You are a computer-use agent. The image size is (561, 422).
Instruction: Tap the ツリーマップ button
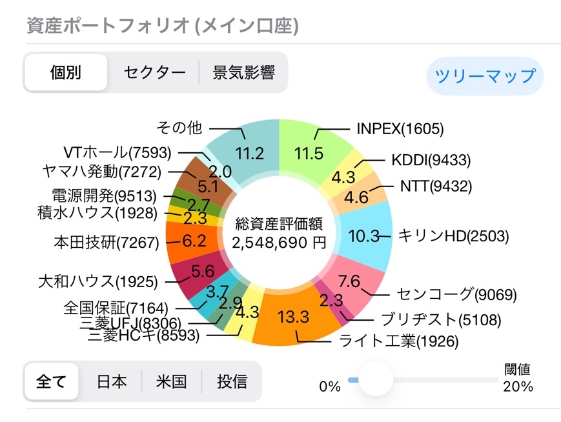[x=485, y=76]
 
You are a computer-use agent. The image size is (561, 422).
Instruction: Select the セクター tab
[x=154, y=72]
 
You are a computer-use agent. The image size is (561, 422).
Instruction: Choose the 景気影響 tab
[x=243, y=72]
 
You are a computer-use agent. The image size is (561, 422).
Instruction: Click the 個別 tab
[x=66, y=72]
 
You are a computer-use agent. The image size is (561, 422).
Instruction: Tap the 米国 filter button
[x=171, y=381]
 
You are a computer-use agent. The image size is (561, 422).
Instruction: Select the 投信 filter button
[x=232, y=381]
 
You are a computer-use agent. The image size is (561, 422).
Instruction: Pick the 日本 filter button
[x=112, y=381]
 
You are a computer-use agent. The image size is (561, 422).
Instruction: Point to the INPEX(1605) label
[x=400, y=129]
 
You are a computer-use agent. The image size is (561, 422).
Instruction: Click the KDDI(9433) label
[x=431, y=160]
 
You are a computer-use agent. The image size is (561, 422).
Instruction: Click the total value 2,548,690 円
[x=280, y=244]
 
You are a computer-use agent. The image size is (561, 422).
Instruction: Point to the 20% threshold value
[x=518, y=387]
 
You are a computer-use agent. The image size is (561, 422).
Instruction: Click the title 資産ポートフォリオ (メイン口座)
[x=162, y=25]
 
